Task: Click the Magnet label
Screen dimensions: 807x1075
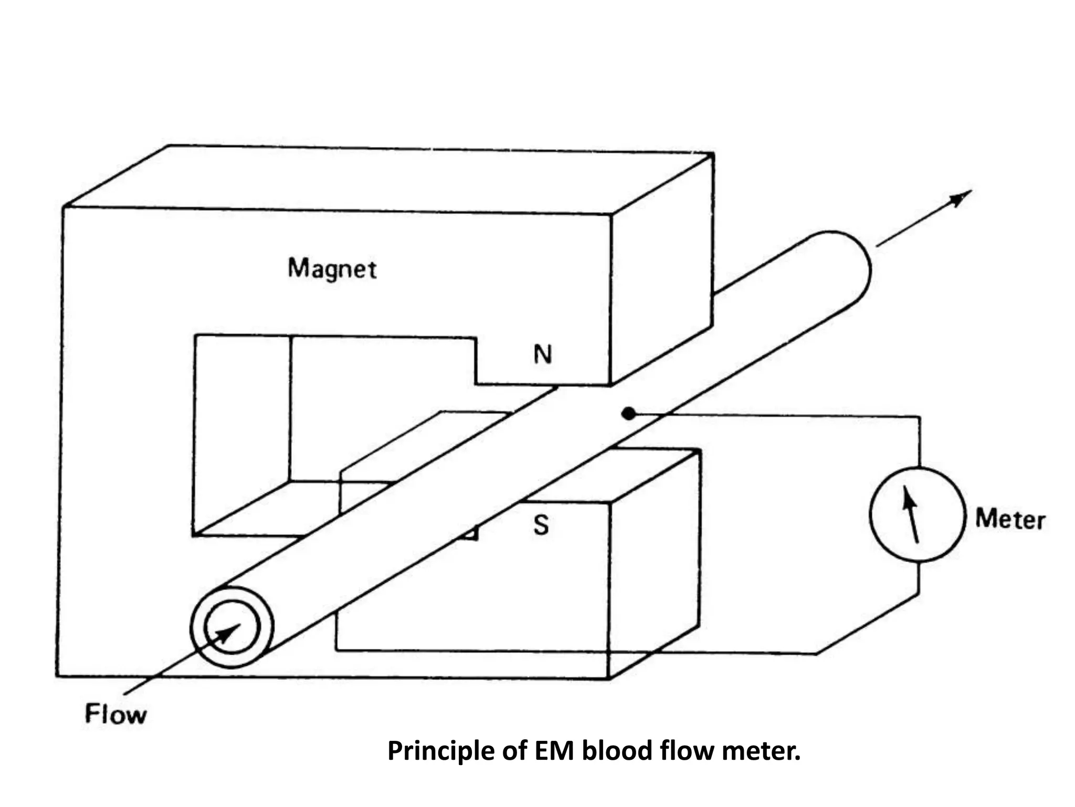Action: pos(332,269)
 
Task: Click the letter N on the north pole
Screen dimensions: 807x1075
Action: pos(543,355)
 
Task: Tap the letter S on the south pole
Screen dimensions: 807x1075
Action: pos(541,525)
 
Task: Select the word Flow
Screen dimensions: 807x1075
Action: pos(115,715)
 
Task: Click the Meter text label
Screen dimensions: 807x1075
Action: pos(1010,520)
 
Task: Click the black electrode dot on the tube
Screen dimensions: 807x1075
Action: pos(628,413)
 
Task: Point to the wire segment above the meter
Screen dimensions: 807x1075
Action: pos(919,441)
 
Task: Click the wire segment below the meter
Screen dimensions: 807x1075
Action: pos(919,578)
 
